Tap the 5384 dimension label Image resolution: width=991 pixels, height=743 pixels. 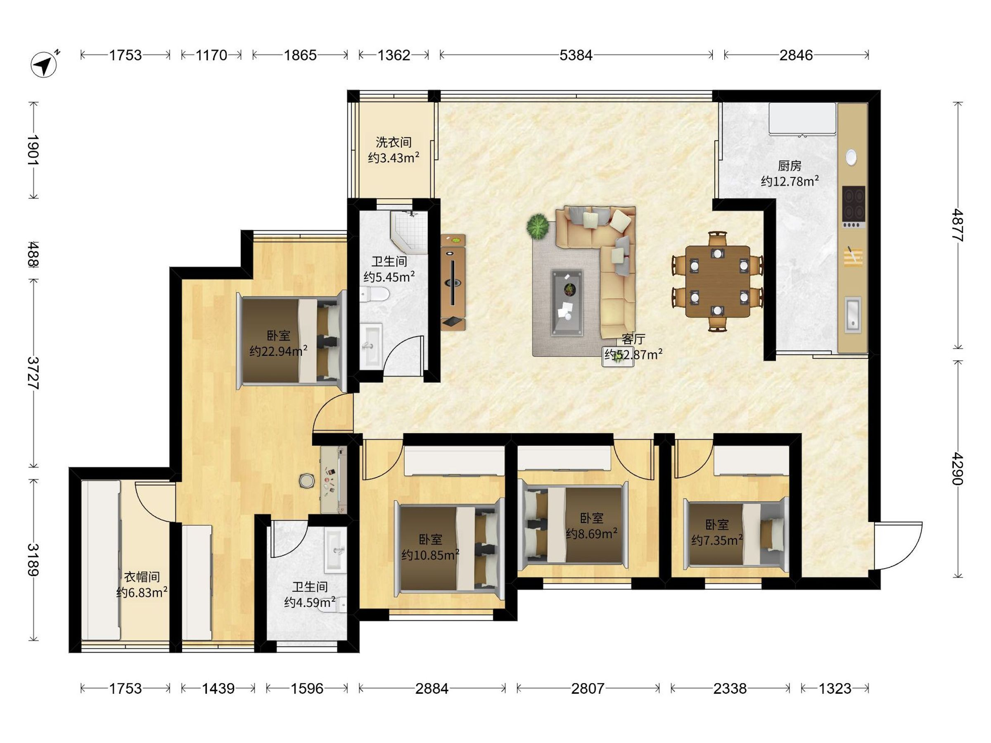coord(576,55)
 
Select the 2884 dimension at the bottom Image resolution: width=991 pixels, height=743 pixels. coord(431,689)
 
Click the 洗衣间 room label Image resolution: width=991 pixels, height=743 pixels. coord(394,142)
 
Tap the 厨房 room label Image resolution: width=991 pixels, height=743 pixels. coord(789,166)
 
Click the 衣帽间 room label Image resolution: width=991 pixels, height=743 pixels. coord(142,576)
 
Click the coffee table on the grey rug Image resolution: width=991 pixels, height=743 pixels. coord(567,302)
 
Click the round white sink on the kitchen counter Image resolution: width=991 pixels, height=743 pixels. coord(851,157)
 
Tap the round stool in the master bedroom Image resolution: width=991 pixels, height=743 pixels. coord(306,480)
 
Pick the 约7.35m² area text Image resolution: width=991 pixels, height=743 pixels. coord(717,540)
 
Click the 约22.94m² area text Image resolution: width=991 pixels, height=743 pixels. coord(278,351)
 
